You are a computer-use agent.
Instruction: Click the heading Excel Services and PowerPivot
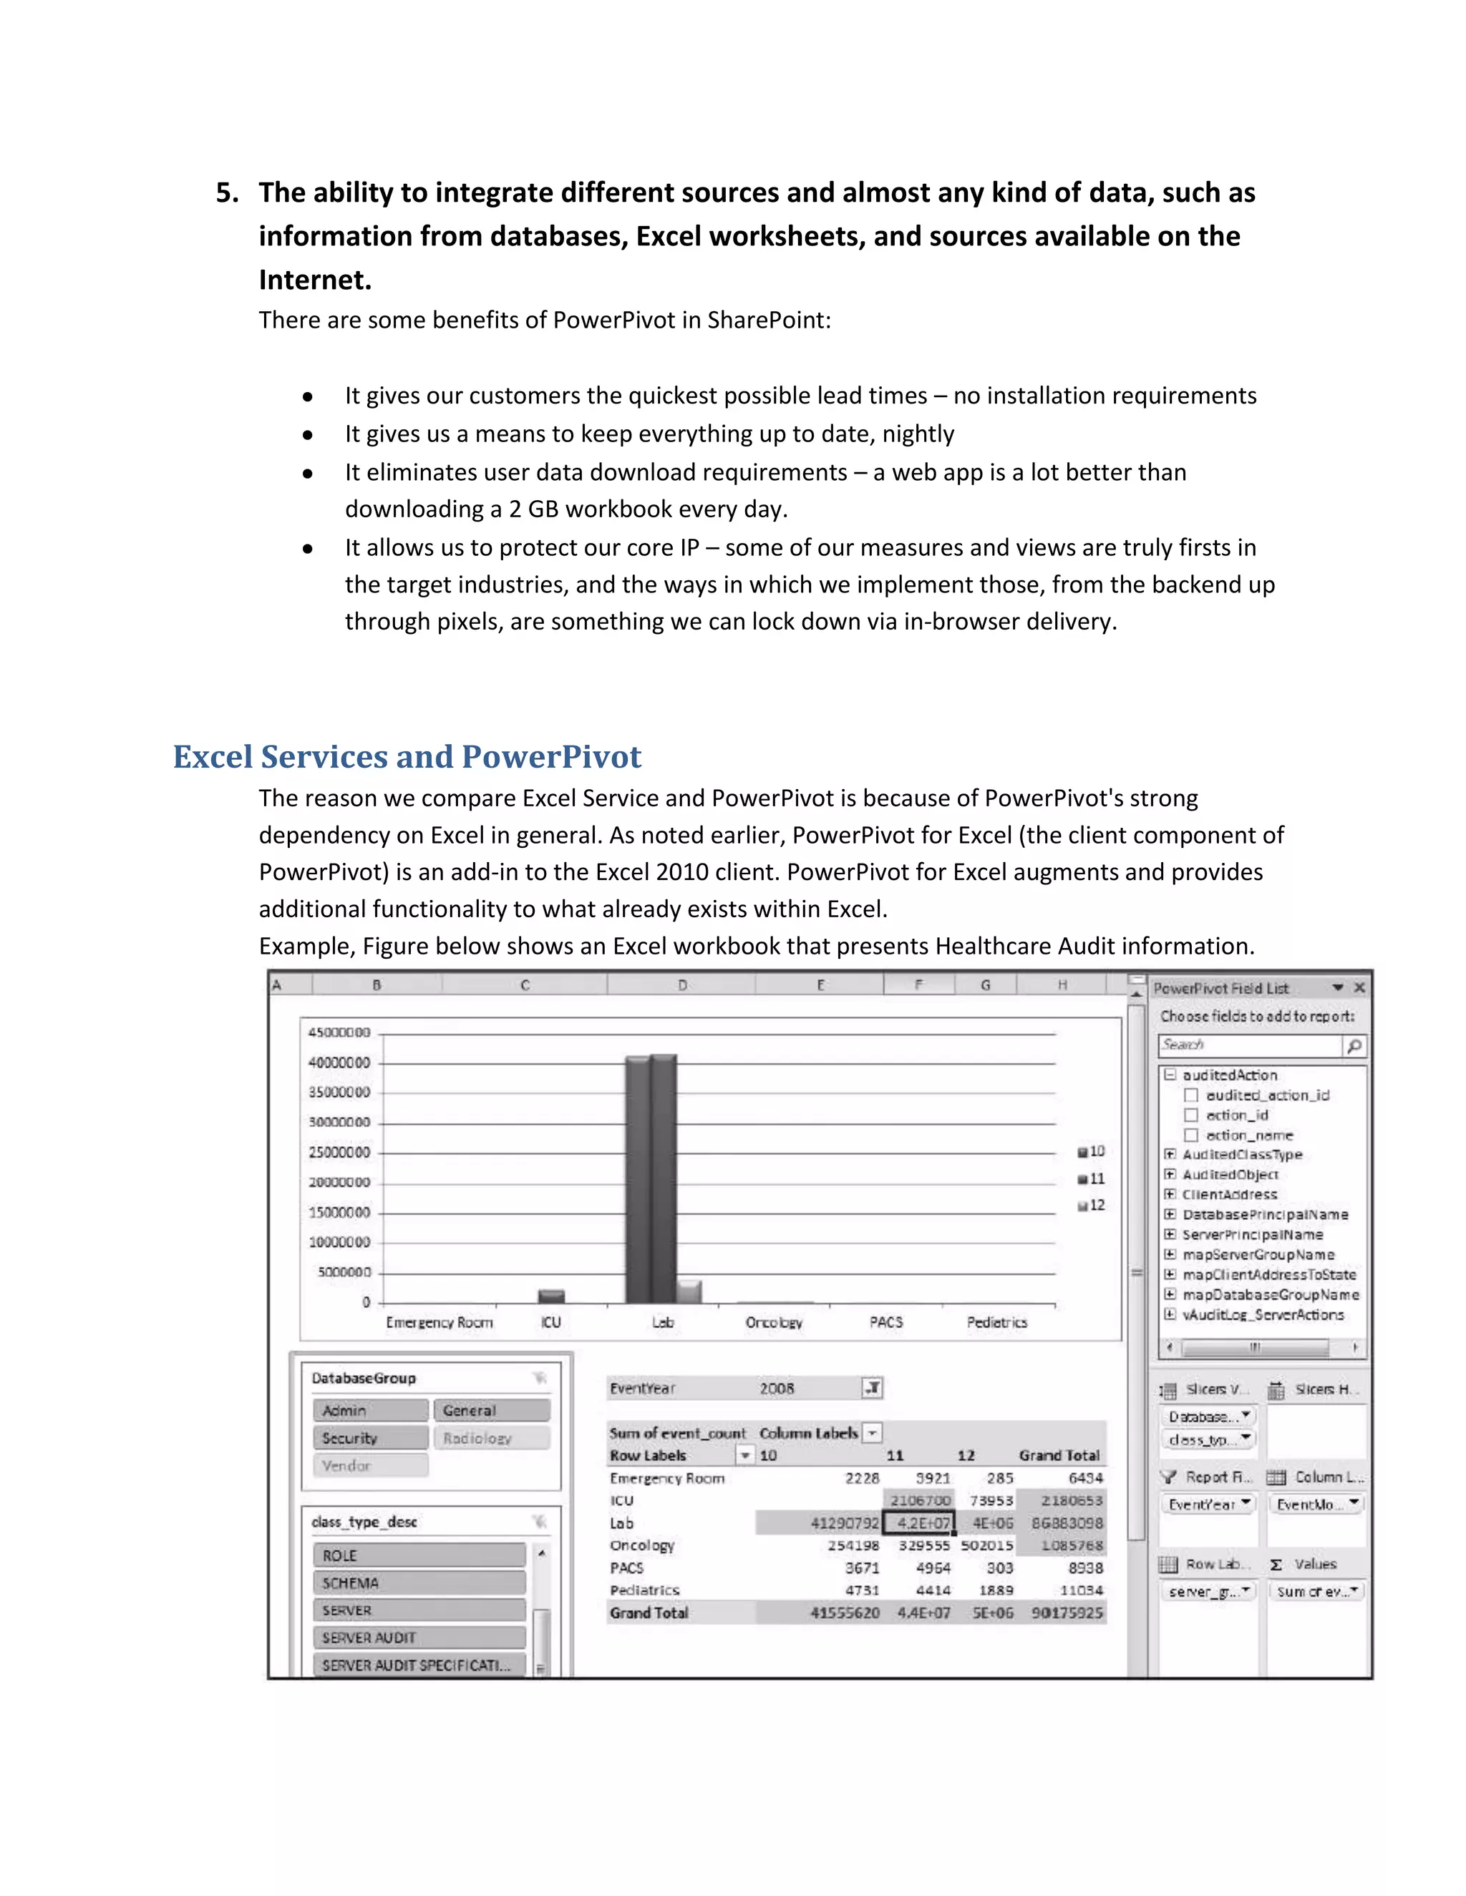407,757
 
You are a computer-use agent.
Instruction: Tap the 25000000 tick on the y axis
339,1152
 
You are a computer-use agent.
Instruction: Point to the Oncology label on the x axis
774,1322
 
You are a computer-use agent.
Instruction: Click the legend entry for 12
1092,1205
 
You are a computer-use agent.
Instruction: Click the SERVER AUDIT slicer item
419,1637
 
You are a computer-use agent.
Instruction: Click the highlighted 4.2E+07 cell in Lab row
919,1523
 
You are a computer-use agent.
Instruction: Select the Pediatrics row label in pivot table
644,1590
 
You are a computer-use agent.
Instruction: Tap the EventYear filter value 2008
777,1388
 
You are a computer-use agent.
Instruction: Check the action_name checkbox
1192,1135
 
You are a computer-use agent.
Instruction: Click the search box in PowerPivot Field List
1251,1045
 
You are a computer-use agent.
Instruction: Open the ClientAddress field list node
1170,1195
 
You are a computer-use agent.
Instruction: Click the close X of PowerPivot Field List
1359,988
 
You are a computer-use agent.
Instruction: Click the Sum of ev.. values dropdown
1316,1591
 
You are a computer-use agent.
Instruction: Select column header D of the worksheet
681,985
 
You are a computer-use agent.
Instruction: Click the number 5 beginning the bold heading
224,192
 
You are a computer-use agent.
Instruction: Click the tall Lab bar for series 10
636,1181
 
